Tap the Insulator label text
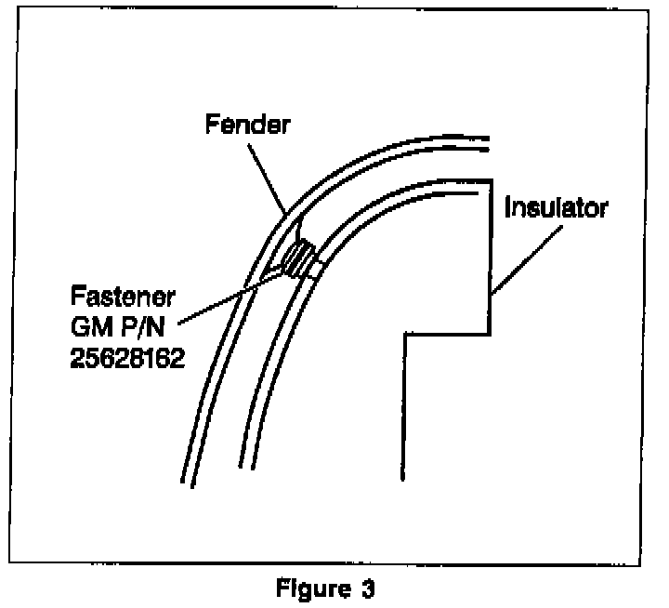tap(556, 206)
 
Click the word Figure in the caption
tap(308, 588)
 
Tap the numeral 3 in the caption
tap(368, 588)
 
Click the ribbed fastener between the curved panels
tap(299, 257)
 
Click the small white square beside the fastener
tap(317, 269)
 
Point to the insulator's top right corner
tap(490, 179)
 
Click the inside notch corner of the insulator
tap(403, 335)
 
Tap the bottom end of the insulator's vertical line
tap(402, 478)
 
